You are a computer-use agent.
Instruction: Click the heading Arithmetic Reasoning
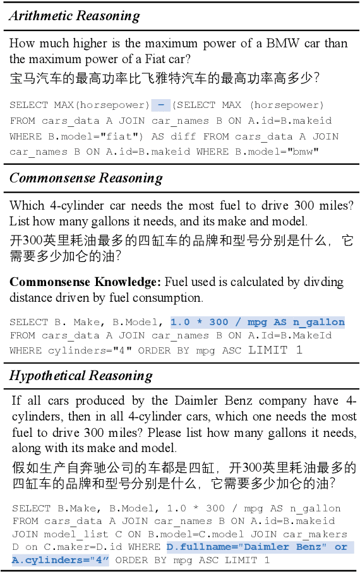point(74,16)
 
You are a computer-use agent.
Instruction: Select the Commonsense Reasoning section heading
point(85,179)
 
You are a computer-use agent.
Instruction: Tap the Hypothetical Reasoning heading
point(81,376)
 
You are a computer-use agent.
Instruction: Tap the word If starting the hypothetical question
point(17,402)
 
